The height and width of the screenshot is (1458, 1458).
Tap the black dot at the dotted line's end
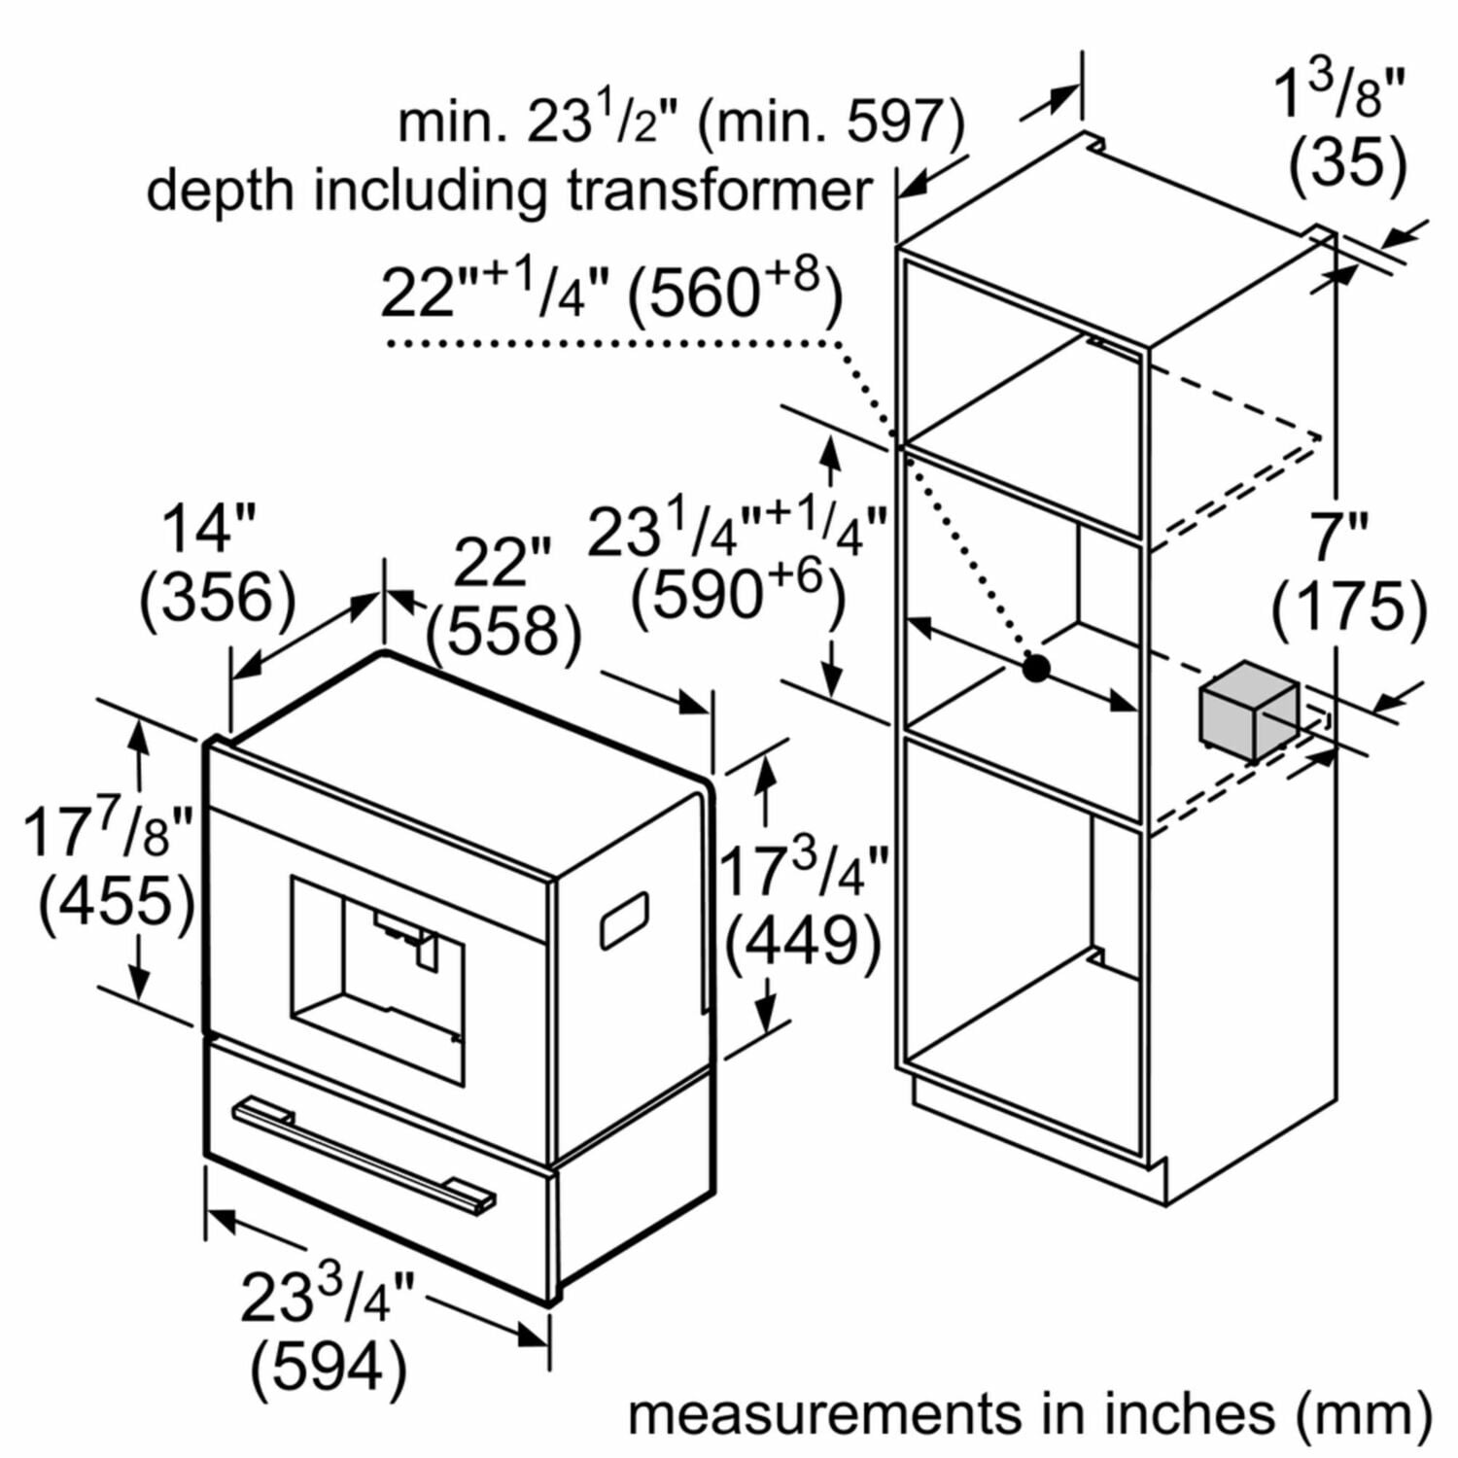(x=1036, y=668)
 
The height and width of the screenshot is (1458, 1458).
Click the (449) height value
(x=804, y=941)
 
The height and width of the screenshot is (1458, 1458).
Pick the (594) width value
(x=329, y=1368)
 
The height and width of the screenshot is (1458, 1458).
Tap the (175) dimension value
(x=1350, y=607)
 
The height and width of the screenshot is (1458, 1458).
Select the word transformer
(x=719, y=190)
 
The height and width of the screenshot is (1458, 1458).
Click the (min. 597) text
(x=831, y=122)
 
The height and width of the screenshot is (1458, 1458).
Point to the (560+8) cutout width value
(x=734, y=292)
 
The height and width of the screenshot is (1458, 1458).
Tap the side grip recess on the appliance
(x=625, y=920)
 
